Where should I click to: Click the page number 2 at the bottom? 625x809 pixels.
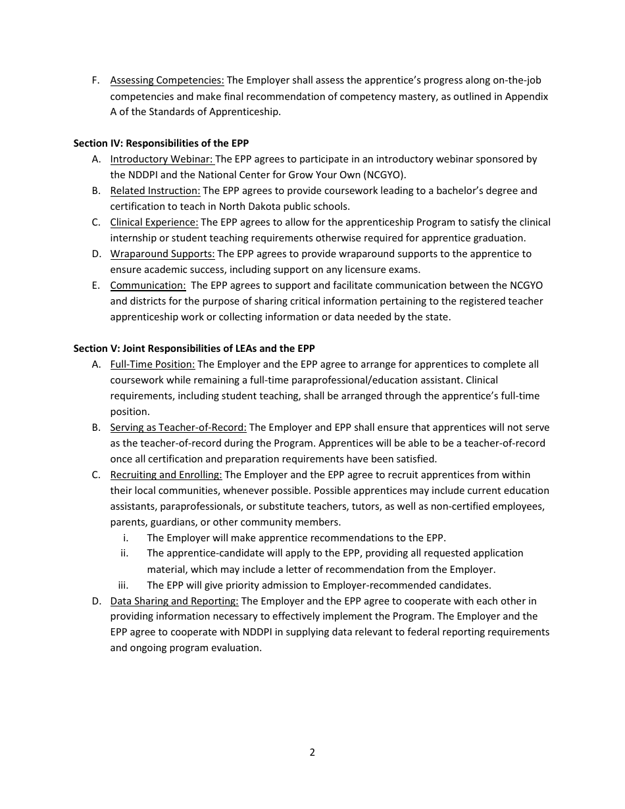pyautogui.click(x=312, y=752)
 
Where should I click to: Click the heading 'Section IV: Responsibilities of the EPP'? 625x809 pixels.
pyautogui.click(x=161, y=143)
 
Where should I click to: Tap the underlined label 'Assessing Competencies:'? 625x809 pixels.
pyautogui.click(x=167, y=80)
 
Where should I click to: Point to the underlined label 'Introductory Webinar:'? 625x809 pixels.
pyautogui.click(x=162, y=159)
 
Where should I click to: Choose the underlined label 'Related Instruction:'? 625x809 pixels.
pyautogui.click(x=155, y=191)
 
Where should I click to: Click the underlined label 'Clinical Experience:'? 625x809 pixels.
pyautogui.click(x=154, y=222)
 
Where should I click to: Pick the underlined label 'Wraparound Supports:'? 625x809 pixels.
pyautogui.click(x=162, y=254)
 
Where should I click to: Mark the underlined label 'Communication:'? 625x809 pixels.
pyautogui.click(x=148, y=285)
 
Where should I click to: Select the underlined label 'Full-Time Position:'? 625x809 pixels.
pyautogui.click(x=153, y=364)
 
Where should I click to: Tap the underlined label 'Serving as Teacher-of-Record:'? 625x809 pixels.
pyautogui.click(x=178, y=428)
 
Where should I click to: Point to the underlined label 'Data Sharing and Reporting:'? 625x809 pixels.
pyautogui.click(x=174, y=601)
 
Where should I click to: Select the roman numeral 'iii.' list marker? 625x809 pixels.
pyautogui.click(x=123, y=585)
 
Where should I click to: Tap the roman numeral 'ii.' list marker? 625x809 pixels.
pyautogui.click(x=124, y=553)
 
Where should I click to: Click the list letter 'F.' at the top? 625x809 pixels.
pyautogui.click(x=96, y=80)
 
